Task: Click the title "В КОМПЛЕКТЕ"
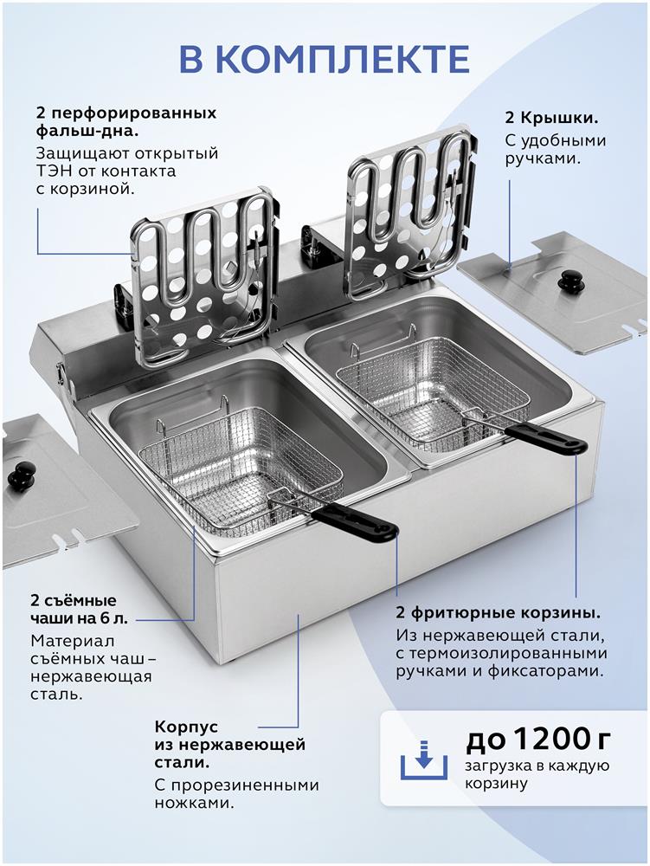[x=325, y=59]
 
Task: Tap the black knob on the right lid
[x=569, y=281]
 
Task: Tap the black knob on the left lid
[x=21, y=475]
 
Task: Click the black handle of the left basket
[x=354, y=522]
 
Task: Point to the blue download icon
[x=423, y=760]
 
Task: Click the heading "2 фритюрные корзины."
[x=499, y=613]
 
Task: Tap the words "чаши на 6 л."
[x=79, y=618]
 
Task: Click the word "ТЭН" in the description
[x=51, y=171]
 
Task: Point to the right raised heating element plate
[x=409, y=209]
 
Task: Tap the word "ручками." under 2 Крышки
[x=543, y=159]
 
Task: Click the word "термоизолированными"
[x=508, y=654]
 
